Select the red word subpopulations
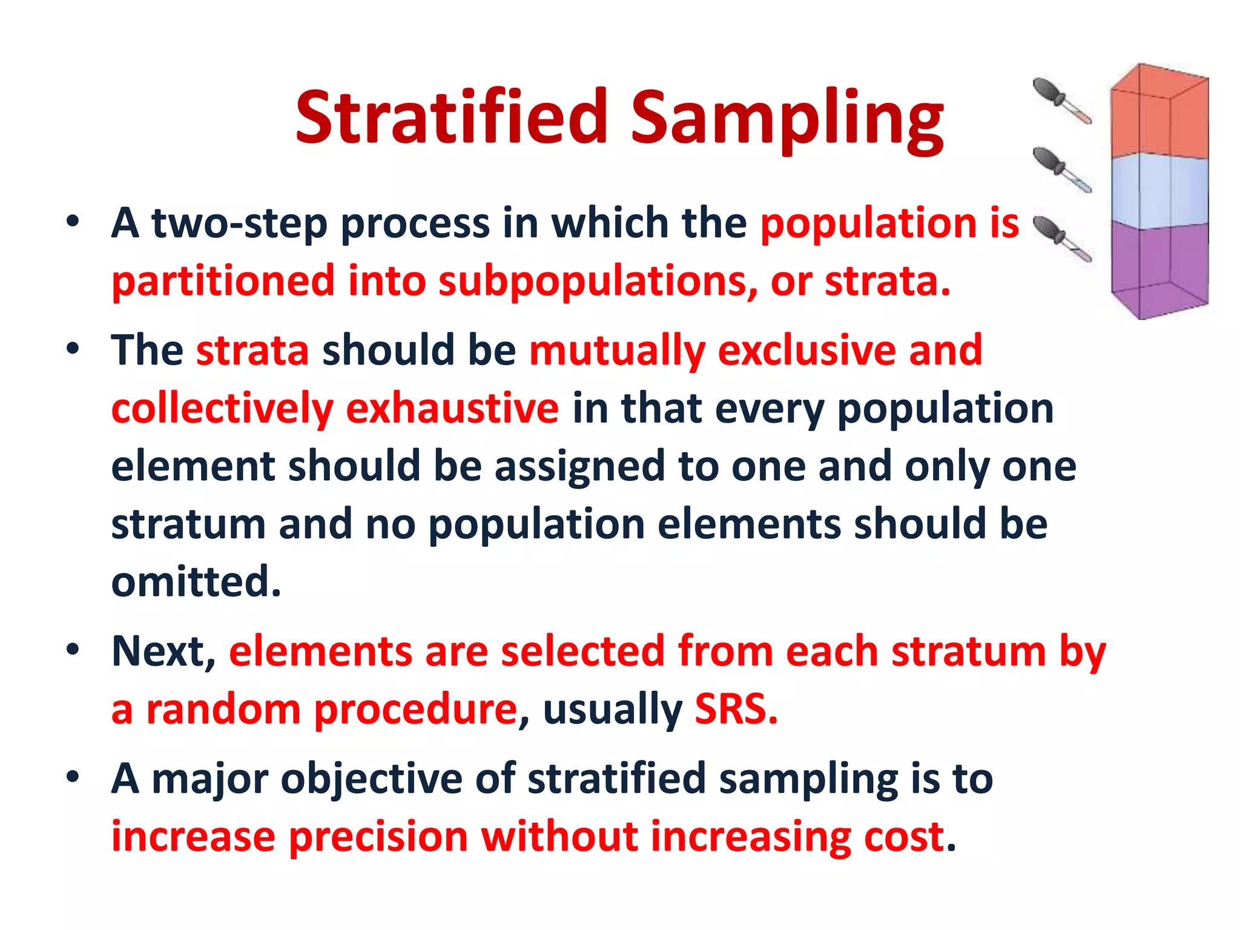point(597,282)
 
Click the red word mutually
point(617,351)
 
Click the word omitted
point(196,581)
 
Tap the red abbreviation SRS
point(735,709)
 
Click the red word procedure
point(415,709)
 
